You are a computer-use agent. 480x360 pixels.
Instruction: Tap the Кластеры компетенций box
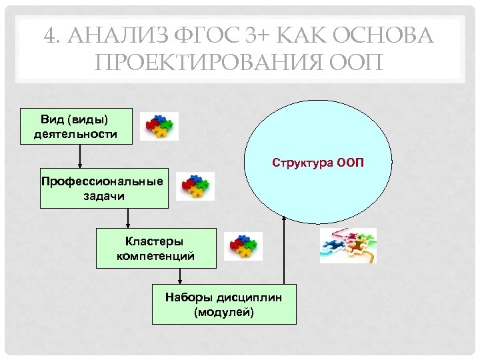(x=156, y=248)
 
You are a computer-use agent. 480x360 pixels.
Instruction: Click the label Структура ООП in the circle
(x=318, y=163)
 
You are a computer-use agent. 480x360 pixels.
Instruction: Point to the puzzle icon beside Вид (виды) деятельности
(x=159, y=125)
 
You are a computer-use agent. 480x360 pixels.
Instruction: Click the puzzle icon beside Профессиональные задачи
(x=195, y=187)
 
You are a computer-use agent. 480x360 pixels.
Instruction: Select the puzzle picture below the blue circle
(x=347, y=245)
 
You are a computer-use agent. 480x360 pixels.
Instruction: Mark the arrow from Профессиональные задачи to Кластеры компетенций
(x=128, y=218)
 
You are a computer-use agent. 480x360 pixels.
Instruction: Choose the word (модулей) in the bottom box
(x=224, y=311)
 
